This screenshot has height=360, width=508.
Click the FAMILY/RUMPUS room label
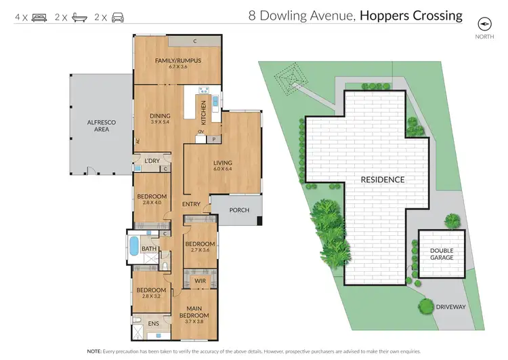178,60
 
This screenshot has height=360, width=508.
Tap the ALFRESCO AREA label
98,124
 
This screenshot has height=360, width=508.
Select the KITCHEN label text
203,111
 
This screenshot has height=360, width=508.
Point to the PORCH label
239,210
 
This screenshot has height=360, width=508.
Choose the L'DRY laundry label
152,161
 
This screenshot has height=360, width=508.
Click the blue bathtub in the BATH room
133,245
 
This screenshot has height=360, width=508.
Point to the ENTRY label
191,203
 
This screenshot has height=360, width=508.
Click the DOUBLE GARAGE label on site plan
442,254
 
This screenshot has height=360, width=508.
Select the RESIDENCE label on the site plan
382,180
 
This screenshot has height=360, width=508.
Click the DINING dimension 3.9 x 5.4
160,123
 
